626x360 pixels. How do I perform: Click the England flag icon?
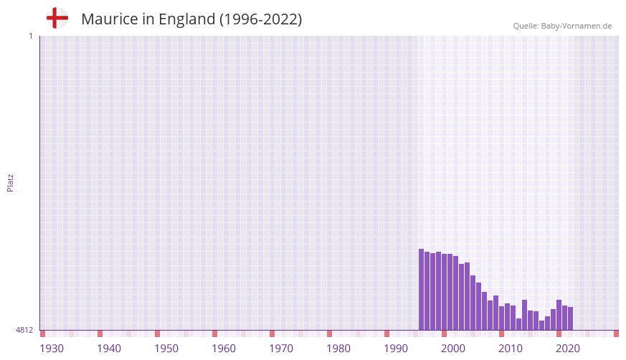coord(57,19)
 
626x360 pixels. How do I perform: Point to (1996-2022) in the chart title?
coord(261,19)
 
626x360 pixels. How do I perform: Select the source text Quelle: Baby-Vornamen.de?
coord(562,26)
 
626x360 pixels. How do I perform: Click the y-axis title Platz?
coord(10,182)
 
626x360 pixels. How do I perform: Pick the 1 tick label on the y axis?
coord(30,36)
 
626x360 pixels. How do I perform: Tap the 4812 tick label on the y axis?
coord(24,330)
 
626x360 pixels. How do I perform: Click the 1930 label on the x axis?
coord(52,349)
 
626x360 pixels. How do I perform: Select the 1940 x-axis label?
coord(109,349)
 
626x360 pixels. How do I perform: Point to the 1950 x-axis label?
coord(166,349)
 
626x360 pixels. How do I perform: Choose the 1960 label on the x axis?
coord(224,349)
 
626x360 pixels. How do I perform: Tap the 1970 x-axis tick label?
coord(281,349)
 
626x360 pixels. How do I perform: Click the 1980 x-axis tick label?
coord(338,349)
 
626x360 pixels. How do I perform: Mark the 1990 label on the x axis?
coord(396,349)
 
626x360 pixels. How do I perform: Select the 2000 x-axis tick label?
coord(453,349)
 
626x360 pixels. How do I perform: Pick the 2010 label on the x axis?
coord(511,349)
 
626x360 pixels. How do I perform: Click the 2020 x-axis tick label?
coord(568,349)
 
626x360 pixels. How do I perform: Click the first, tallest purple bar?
coord(422,290)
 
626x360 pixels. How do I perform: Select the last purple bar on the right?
coord(571,318)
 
